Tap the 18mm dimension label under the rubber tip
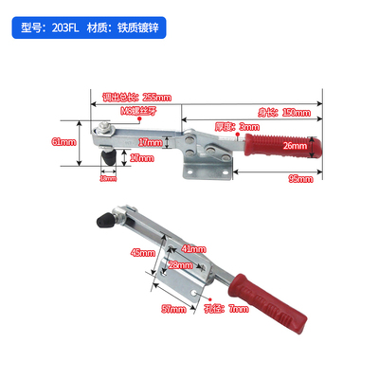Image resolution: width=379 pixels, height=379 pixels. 109,177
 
